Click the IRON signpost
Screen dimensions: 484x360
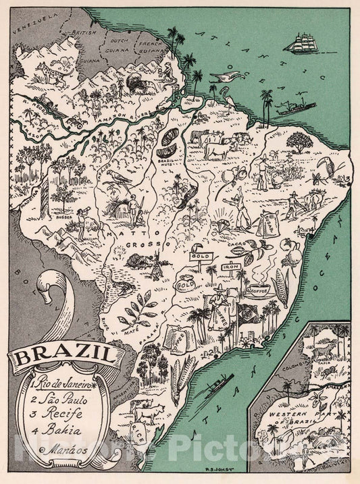232,265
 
